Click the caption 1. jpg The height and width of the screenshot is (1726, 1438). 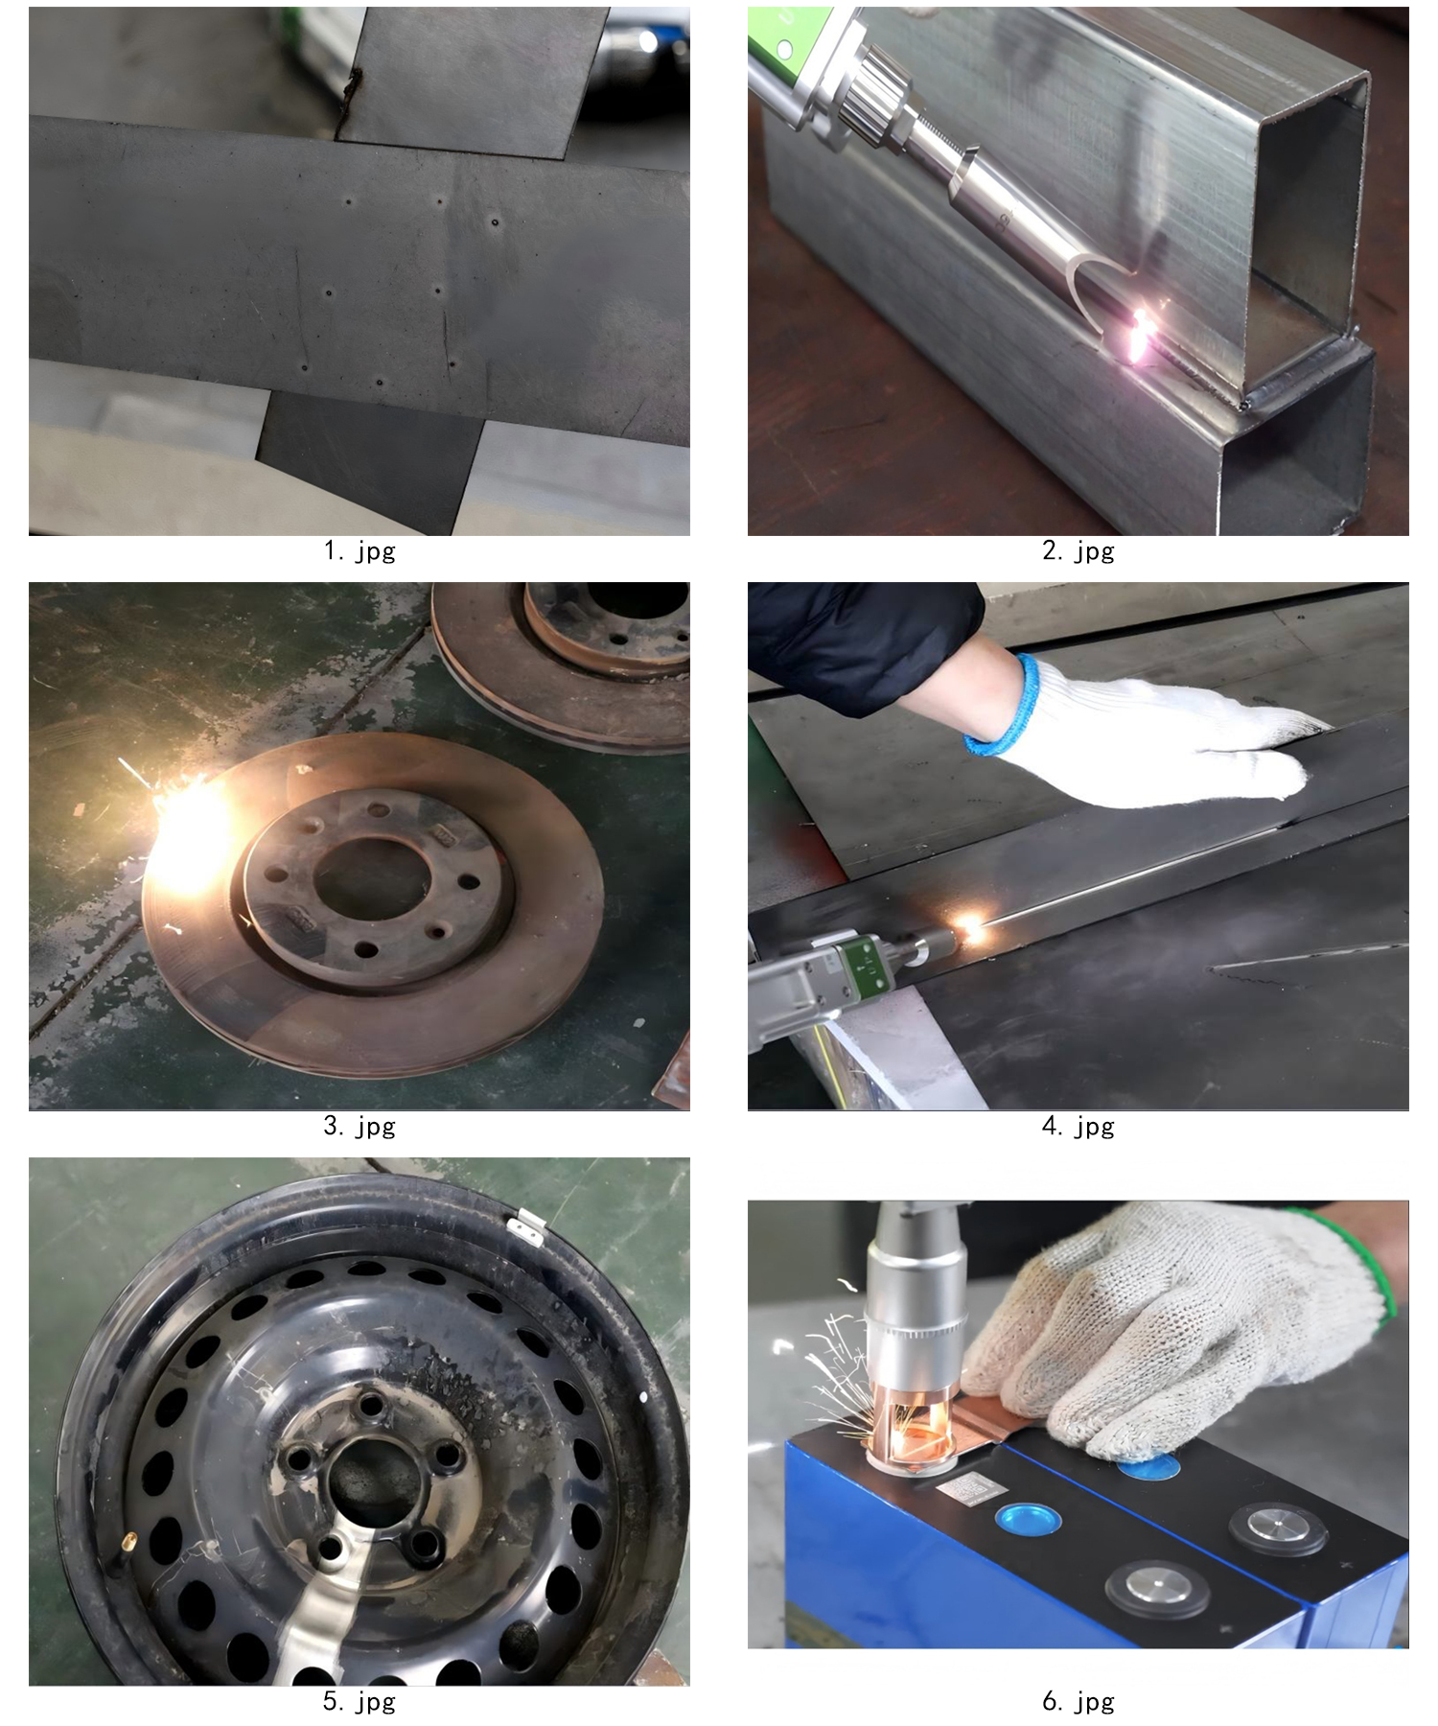(x=359, y=551)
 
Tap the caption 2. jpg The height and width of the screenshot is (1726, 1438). (x=1078, y=551)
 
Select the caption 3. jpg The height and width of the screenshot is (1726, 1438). (x=359, y=1127)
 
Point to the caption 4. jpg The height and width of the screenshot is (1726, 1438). (x=1078, y=1127)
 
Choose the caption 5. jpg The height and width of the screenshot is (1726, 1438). (x=359, y=1702)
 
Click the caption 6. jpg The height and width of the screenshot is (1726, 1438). (x=1078, y=1702)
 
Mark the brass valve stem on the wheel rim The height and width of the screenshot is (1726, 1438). (x=130, y=1541)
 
